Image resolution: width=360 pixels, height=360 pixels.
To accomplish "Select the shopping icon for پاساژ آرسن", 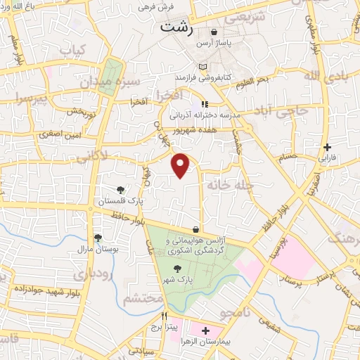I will coord(214,32).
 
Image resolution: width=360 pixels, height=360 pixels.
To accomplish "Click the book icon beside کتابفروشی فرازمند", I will coord(202,66).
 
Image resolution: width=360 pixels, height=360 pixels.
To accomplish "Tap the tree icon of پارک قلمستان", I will coord(121,189).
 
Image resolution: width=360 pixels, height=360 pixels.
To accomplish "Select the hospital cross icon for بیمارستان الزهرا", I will coord(205,330).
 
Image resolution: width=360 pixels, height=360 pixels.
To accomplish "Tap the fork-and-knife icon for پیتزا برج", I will coord(163,316).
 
